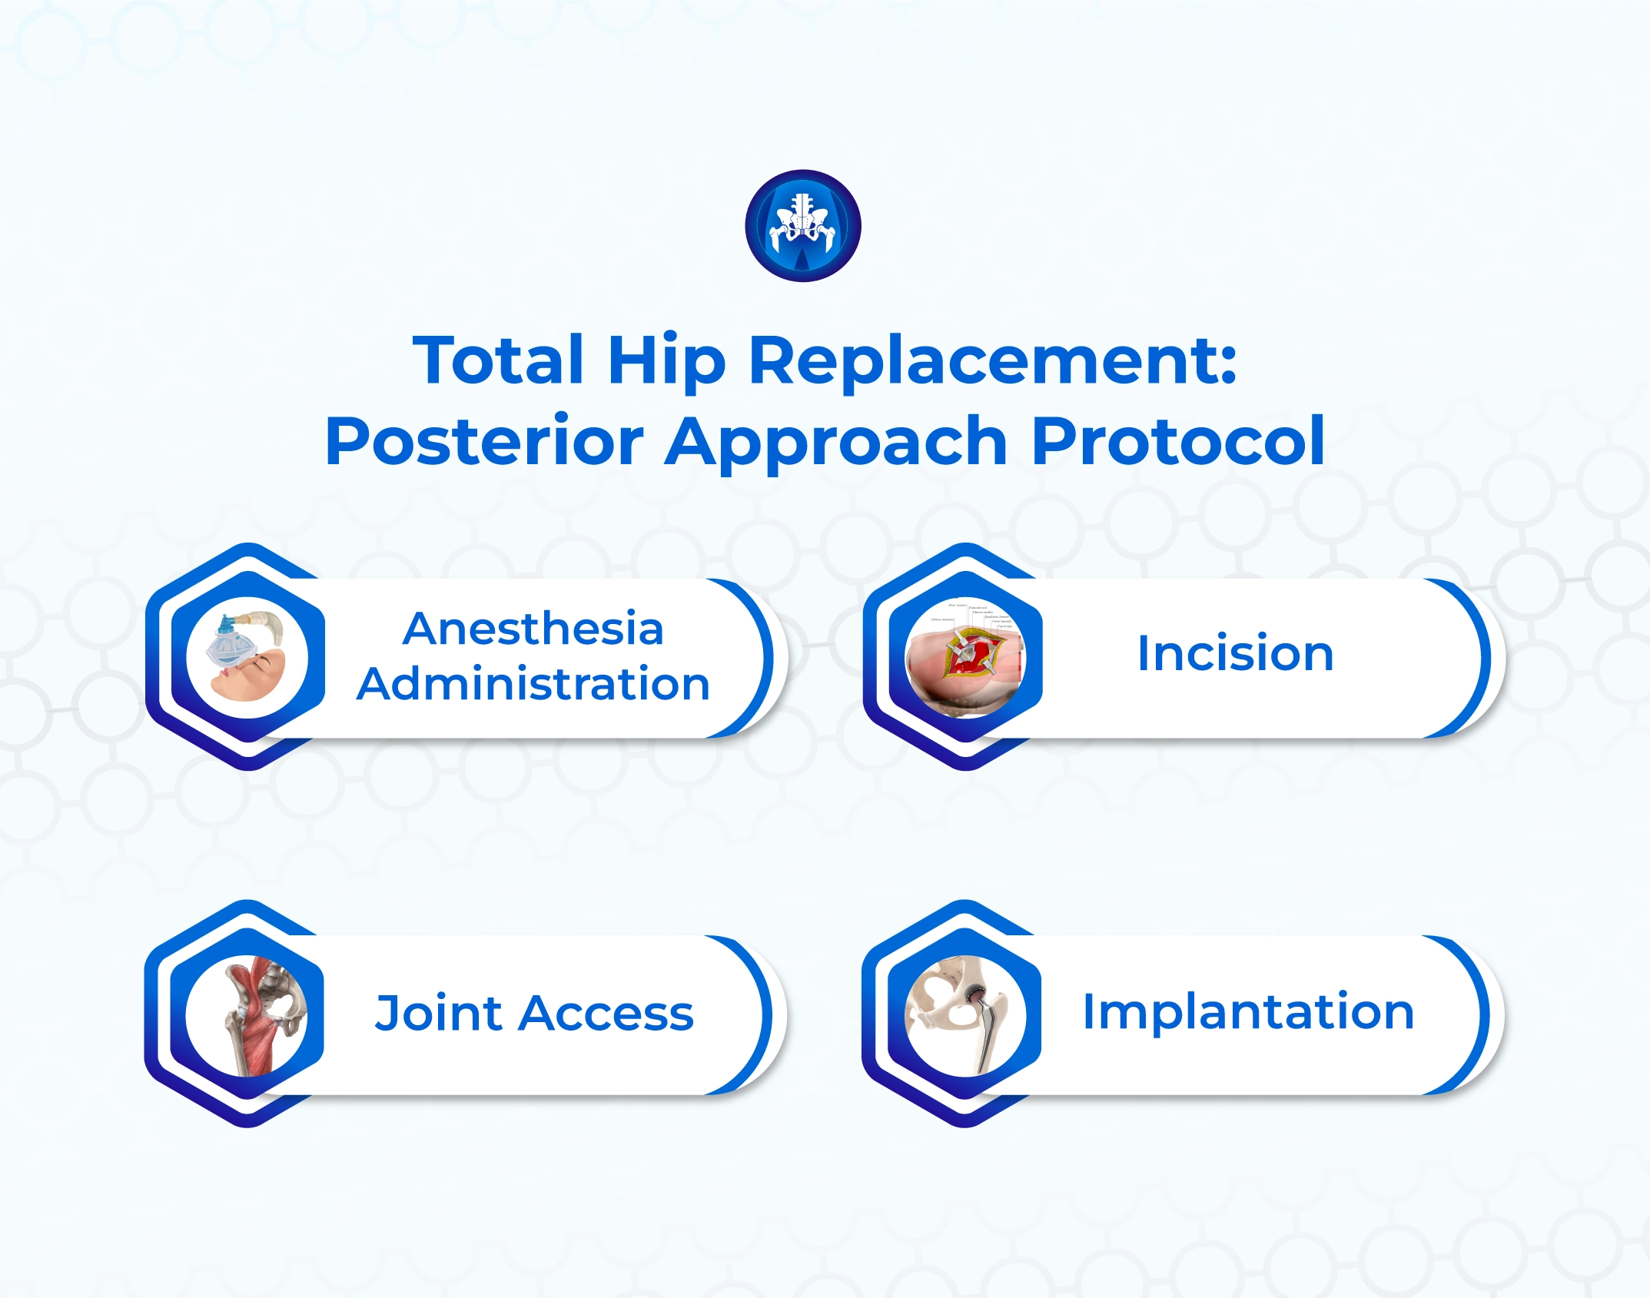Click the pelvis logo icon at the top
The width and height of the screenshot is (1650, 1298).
(x=802, y=225)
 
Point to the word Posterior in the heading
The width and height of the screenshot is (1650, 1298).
(x=484, y=441)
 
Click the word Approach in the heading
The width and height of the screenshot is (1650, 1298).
(x=836, y=441)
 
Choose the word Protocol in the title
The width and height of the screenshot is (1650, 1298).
(x=1178, y=441)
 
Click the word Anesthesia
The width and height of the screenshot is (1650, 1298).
(x=533, y=629)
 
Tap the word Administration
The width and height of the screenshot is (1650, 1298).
(x=533, y=684)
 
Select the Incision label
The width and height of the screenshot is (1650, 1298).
(x=1234, y=654)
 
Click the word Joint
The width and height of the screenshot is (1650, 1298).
(x=438, y=1013)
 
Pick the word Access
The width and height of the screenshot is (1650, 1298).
(x=606, y=1013)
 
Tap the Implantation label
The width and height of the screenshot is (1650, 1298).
(x=1248, y=1011)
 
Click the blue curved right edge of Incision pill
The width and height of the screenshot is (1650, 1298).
(x=1483, y=658)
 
